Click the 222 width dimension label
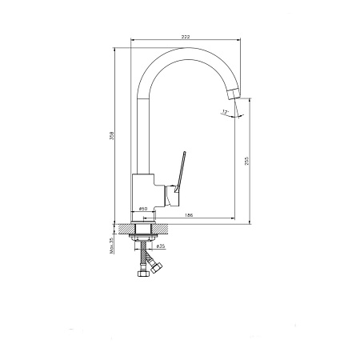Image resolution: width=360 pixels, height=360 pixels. coord(186,37)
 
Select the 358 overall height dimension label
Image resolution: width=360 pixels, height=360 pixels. coord(112,135)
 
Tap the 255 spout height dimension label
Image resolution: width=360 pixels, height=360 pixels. coord(246,161)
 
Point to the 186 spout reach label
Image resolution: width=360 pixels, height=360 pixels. coord(189,215)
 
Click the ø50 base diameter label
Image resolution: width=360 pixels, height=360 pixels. coord(143,209)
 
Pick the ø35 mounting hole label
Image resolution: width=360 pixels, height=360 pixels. coord(161,246)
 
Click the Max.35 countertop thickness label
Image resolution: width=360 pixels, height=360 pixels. coord(112,246)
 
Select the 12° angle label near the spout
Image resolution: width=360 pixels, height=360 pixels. coord(226,112)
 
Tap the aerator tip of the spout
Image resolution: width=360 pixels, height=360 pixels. coord(234,94)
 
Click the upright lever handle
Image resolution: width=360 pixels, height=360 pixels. coord(180,171)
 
